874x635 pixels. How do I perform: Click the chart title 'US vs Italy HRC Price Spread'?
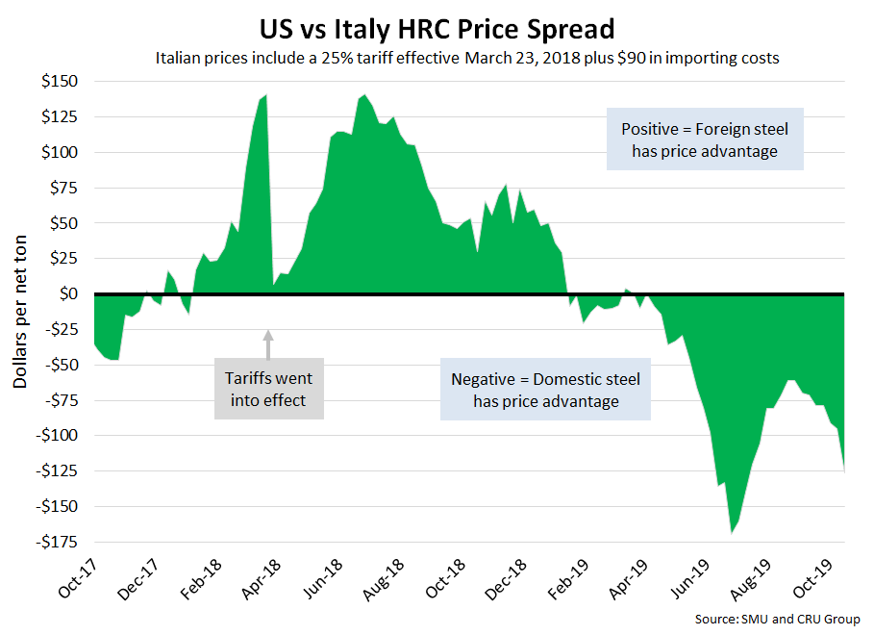click(437, 27)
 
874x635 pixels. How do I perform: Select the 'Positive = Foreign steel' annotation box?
click(704, 140)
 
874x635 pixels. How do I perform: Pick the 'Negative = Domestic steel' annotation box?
click(545, 390)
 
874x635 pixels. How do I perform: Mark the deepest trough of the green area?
click(732, 531)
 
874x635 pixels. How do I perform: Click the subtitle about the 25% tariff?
click(467, 58)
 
